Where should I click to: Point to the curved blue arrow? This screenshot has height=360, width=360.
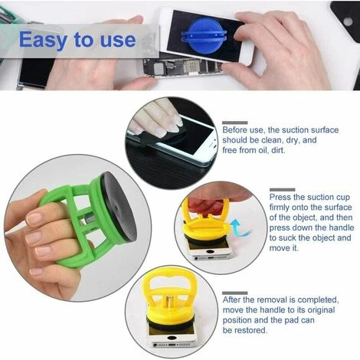click(x=237, y=227)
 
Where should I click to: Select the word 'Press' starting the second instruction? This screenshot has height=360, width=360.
click(x=283, y=197)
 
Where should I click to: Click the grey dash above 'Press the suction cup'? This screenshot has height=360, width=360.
click(x=281, y=188)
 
